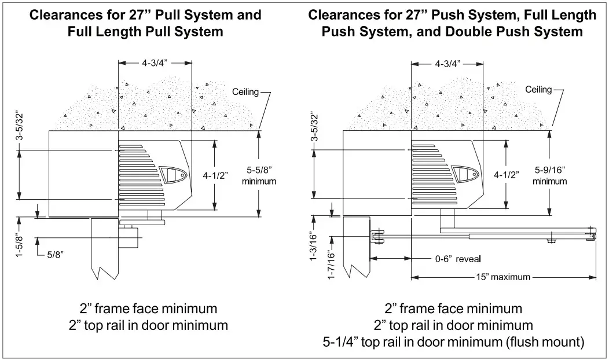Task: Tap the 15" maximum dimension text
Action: [x=503, y=277]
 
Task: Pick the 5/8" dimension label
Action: [x=56, y=253]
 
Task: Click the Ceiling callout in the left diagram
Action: [x=244, y=92]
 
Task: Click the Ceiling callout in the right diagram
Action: [x=538, y=90]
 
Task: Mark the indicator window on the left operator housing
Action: [x=173, y=174]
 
